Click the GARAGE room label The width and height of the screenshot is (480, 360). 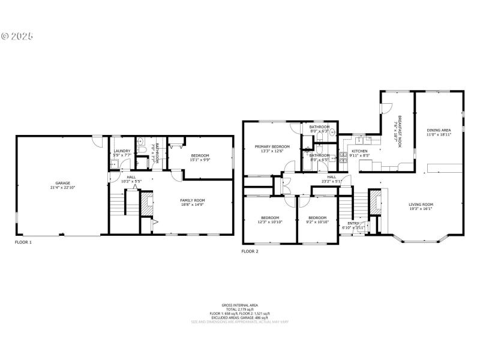[x=62, y=182]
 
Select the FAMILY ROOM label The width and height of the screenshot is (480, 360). [x=193, y=200]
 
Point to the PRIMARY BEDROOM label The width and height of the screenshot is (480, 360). [x=272, y=146]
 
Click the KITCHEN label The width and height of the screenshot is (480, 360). [x=359, y=151]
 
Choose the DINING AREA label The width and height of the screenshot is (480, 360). [x=439, y=130]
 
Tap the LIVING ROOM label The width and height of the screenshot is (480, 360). [x=421, y=204]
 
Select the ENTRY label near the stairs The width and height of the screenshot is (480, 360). [x=353, y=223]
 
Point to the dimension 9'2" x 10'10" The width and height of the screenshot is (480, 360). [x=317, y=222]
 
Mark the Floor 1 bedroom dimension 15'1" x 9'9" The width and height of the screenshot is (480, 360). [x=200, y=160]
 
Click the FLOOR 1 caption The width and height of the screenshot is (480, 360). [x=23, y=242]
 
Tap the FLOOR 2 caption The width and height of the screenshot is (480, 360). [x=250, y=251]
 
